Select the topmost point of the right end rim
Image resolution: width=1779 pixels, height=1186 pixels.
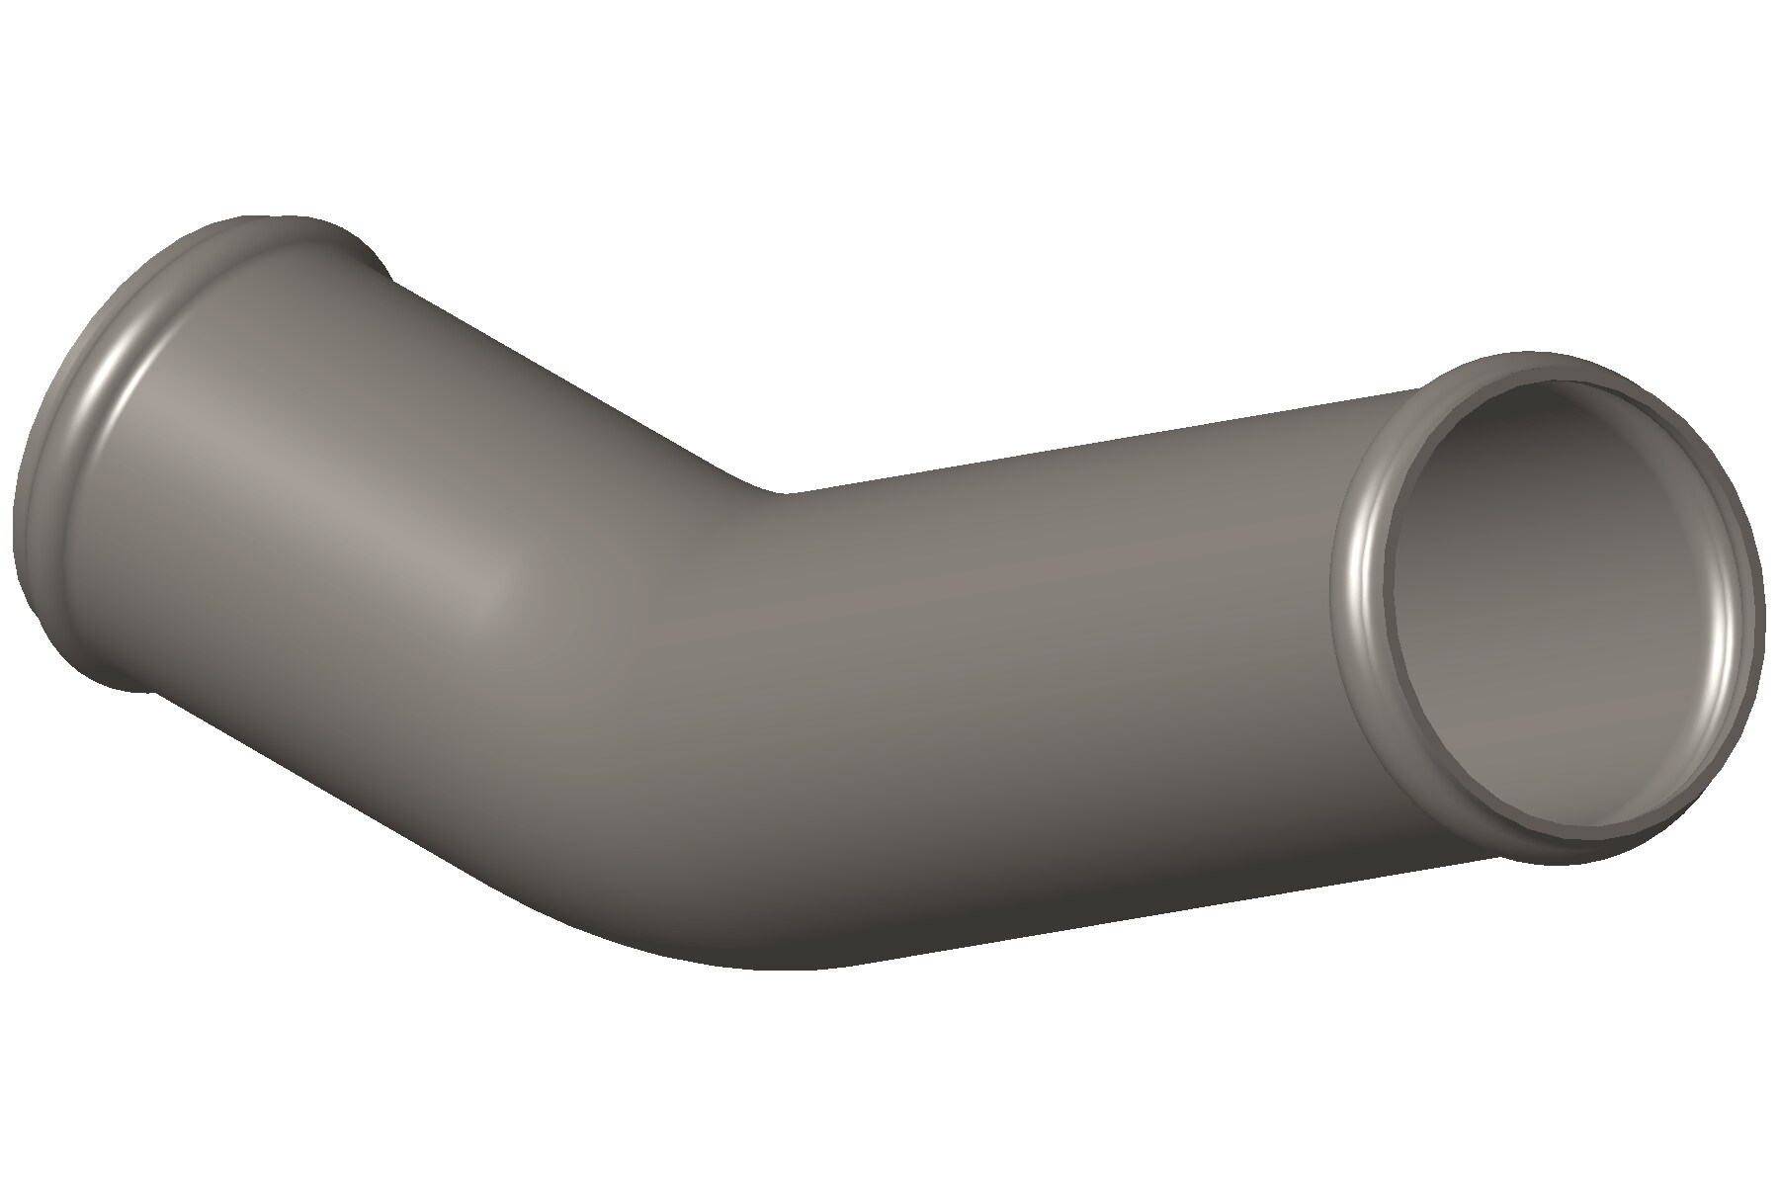(1542, 353)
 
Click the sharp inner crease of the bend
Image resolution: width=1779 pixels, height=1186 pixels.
(781, 491)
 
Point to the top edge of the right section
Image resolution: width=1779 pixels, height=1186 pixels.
(1087, 445)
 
